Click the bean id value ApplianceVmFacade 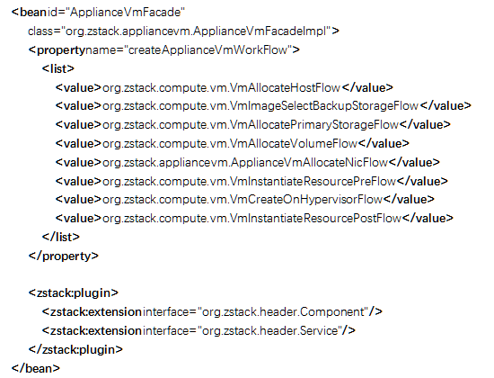(x=128, y=13)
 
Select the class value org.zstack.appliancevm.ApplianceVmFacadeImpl (x=198, y=31)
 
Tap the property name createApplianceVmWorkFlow (x=208, y=49)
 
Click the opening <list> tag (x=58, y=68)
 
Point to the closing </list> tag (x=61, y=237)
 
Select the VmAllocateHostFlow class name (x=222, y=87)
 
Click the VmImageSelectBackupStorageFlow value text (x=260, y=106)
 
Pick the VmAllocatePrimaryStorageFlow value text (x=251, y=125)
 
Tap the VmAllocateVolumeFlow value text (x=230, y=144)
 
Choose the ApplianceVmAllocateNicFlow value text (x=245, y=163)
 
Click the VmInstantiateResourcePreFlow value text (x=249, y=181)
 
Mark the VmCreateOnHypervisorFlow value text (x=243, y=200)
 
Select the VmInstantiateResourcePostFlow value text (x=252, y=218)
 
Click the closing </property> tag (x=64, y=256)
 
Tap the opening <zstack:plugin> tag (x=74, y=293)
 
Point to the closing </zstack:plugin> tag (x=75, y=349)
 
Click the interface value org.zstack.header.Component (x=283, y=312)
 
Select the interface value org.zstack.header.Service (x=269, y=331)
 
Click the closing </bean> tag (x=36, y=368)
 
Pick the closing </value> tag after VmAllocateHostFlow (x=367, y=87)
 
